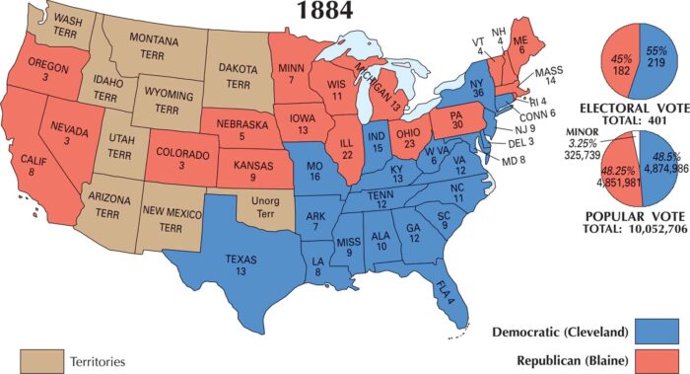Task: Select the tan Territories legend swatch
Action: (39, 360)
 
